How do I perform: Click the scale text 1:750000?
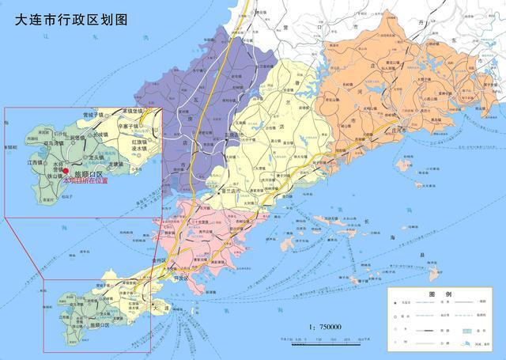tap(324, 328)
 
